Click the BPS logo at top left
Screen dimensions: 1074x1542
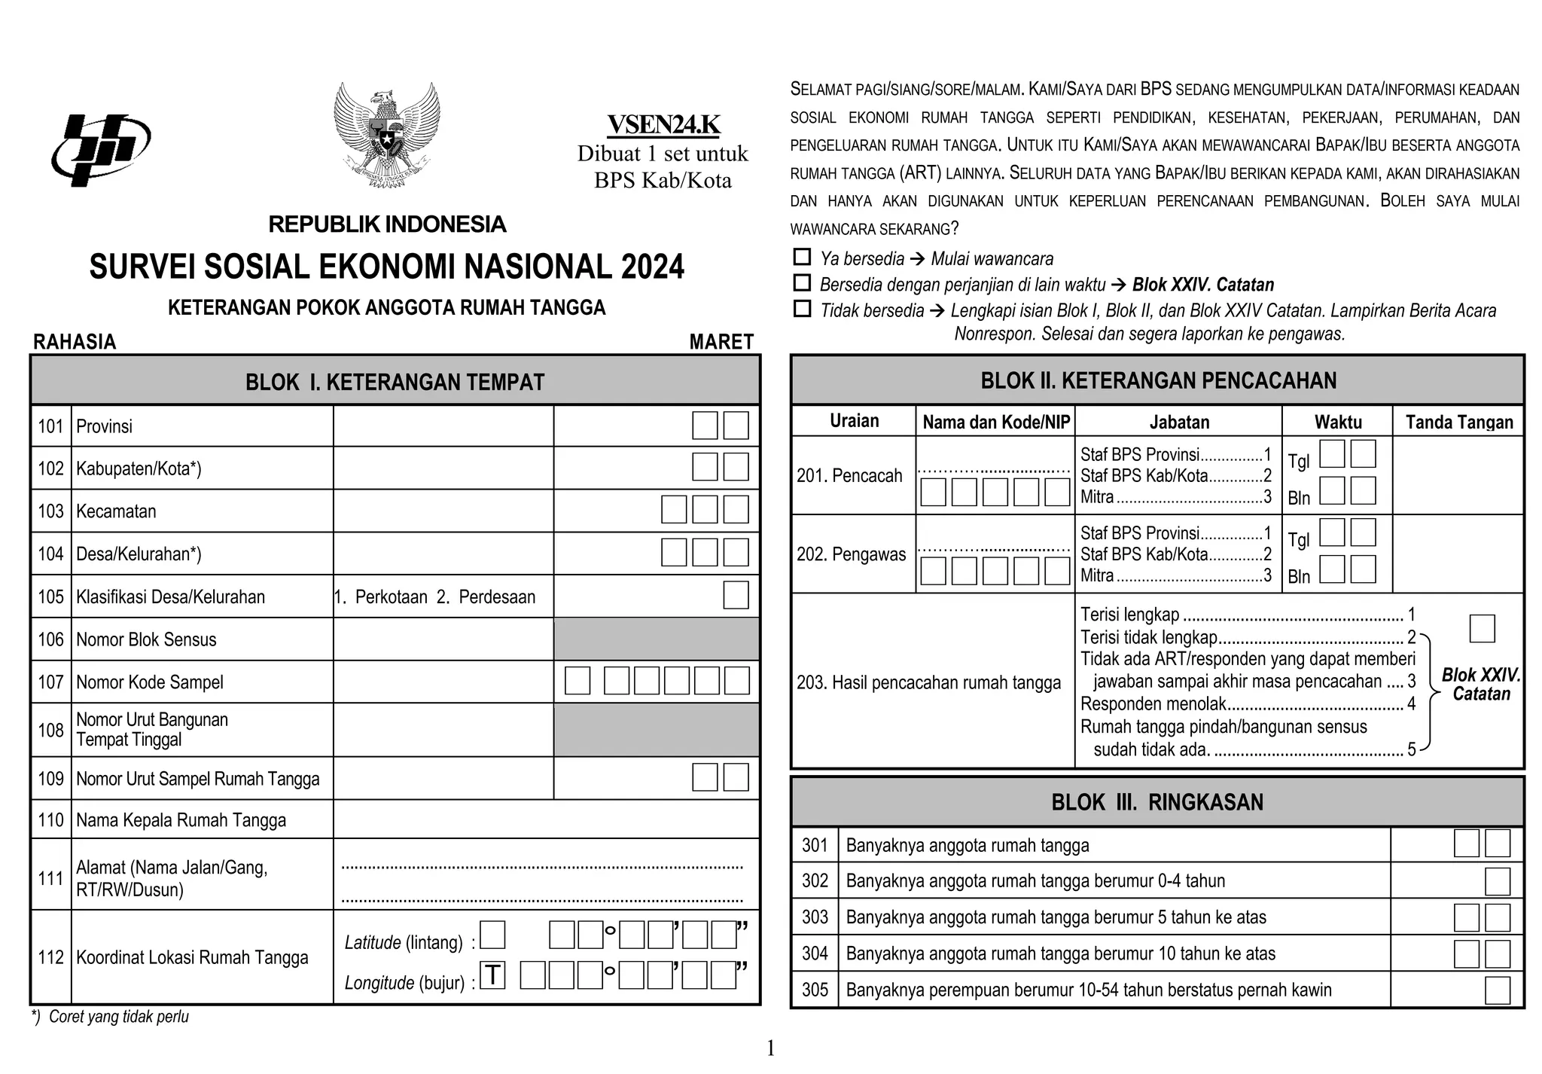100,149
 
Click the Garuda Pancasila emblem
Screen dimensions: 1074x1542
387,136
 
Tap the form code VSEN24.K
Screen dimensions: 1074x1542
663,125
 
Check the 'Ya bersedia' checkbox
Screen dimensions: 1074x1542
802,258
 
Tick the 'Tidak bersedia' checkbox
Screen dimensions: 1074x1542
802,309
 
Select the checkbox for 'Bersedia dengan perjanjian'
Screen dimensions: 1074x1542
802,283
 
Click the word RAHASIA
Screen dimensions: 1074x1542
75,342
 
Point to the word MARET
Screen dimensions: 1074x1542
721,342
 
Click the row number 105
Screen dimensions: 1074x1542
50,597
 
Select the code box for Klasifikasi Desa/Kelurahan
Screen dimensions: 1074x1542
736,595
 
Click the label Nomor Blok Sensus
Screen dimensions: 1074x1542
146,640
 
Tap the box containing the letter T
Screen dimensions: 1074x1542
492,975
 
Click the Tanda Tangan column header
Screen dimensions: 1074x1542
1458,423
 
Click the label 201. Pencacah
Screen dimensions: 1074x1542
849,476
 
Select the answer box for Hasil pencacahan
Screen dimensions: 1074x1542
1482,628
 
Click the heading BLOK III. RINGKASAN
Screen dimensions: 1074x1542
1156,802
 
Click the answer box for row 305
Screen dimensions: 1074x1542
1497,990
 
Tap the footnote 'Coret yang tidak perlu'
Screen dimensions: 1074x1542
118,1017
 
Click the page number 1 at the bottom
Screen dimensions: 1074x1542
770,1048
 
